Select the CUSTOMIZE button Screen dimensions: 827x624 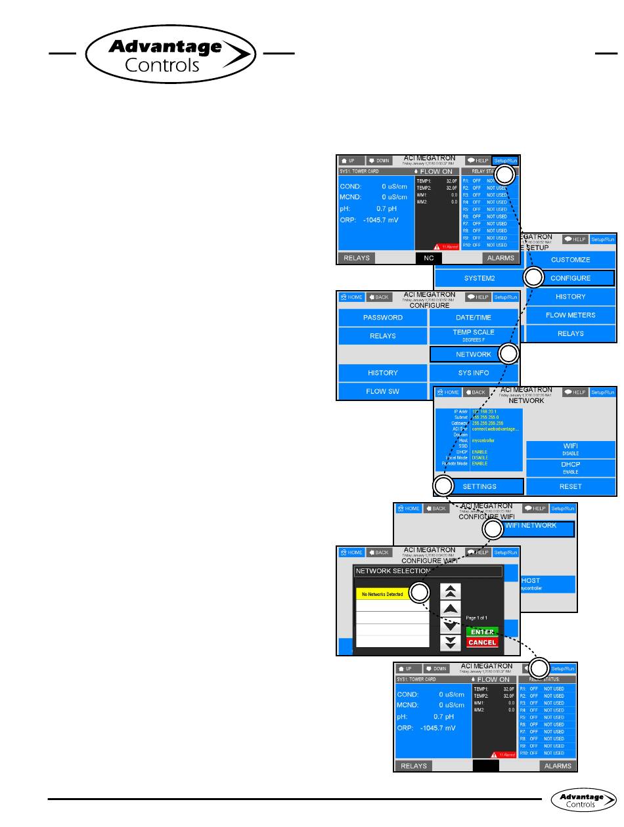[x=570, y=259]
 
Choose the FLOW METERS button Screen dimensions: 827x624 [x=570, y=315]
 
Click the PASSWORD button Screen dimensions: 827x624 [x=382, y=318]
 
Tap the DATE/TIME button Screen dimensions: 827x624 [x=473, y=318]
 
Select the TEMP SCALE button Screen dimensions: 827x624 [x=473, y=335]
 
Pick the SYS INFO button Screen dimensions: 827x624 [x=473, y=373]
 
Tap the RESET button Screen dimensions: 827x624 [x=570, y=486]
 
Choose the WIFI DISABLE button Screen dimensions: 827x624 [x=570, y=449]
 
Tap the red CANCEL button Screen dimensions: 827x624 [x=482, y=643]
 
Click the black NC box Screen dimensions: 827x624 [x=428, y=258]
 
